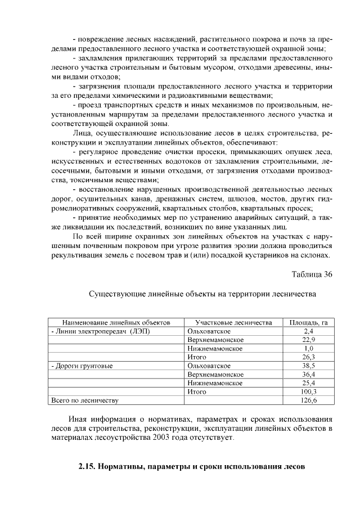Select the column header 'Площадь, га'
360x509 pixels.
point(308,323)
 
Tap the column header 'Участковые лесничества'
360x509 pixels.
point(233,323)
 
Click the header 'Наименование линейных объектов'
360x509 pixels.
point(116,323)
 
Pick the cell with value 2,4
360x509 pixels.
point(308,331)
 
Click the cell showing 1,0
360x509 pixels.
point(308,349)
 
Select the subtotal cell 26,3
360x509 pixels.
point(308,357)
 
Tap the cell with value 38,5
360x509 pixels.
point(308,366)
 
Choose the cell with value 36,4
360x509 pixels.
point(308,374)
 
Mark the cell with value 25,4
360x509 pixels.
point(308,383)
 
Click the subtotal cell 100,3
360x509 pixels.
point(308,391)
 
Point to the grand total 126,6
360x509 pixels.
point(308,400)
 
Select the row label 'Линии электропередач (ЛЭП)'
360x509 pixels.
point(101,331)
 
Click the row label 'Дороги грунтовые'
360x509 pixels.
point(82,366)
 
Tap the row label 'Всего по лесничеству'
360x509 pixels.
point(84,400)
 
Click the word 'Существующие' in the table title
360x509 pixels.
point(116,294)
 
